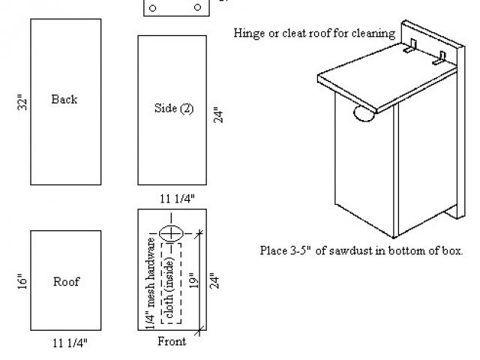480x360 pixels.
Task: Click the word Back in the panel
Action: (64, 99)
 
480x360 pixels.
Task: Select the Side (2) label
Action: (173, 109)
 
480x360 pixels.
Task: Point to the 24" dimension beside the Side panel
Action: (219, 113)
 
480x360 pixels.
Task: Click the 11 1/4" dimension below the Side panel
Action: (178, 199)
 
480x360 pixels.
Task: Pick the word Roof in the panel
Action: (66, 282)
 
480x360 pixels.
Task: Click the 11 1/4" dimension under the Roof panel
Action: (70, 343)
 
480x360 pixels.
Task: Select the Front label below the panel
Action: (172, 342)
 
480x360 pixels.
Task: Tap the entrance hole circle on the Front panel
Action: (172, 232)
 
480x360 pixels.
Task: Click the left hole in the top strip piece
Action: (153, 7)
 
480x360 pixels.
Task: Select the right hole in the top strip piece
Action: (197, 7)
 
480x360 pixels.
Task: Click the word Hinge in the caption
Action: (249, 33)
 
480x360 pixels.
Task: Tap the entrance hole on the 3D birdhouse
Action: (364, 115)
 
